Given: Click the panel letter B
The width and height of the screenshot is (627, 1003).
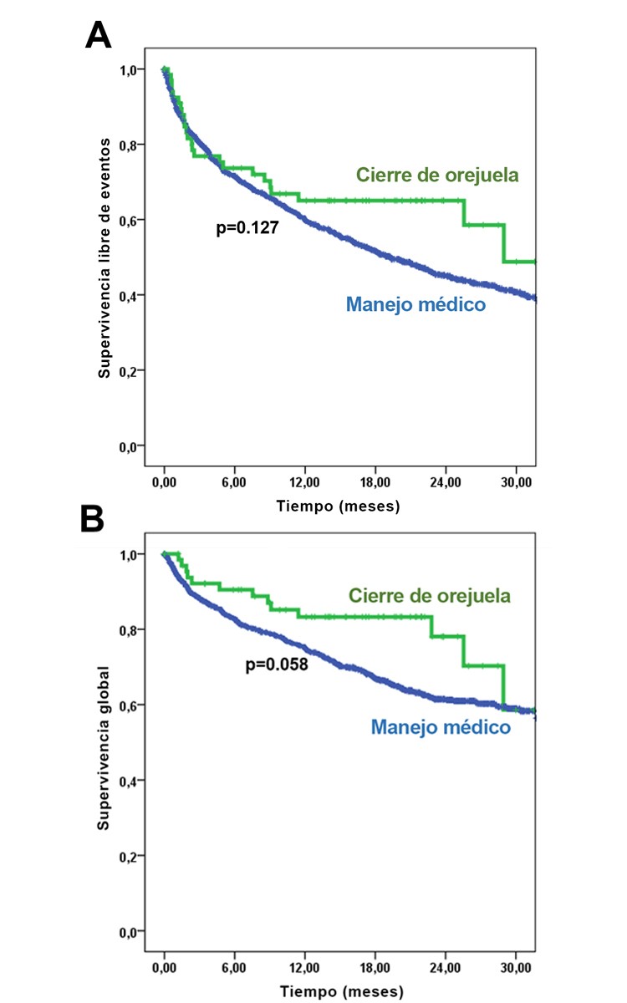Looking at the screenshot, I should point(92,518).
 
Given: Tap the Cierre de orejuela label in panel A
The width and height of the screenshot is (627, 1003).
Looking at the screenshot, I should point(437,176).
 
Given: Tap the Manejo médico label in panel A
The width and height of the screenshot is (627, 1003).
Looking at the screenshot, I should point(415,305).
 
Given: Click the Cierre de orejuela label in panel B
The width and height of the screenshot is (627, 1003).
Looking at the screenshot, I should point(429,596).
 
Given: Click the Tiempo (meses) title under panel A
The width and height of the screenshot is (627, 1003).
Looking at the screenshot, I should point(339,507).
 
